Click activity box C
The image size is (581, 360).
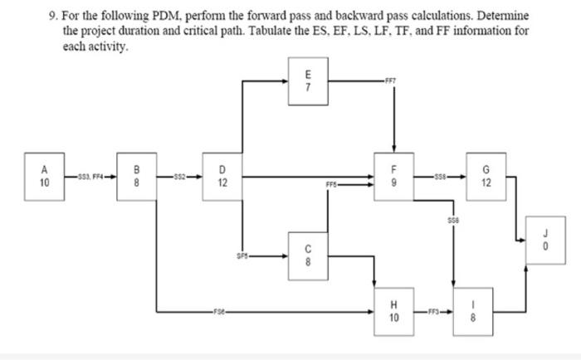coord(309,253)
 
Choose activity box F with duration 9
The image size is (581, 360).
coord(394,177)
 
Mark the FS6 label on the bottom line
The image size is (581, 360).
coord(218,312)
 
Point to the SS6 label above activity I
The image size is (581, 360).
coord(452,221)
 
